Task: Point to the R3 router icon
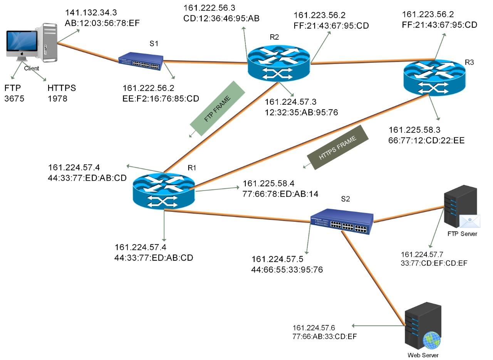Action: click(434, 77)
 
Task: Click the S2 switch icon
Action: click(342, 221)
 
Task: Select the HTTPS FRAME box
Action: click(338, 147)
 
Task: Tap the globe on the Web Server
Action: click(431, 340)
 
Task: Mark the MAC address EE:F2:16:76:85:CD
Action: click(161, 99)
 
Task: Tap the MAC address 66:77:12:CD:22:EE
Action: click(426, 141)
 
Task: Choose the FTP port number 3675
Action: click(14, 99)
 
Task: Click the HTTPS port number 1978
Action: click(58, 99)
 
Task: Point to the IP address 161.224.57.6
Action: click(314, 328)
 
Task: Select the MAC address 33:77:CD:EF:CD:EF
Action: click(434, 263)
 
